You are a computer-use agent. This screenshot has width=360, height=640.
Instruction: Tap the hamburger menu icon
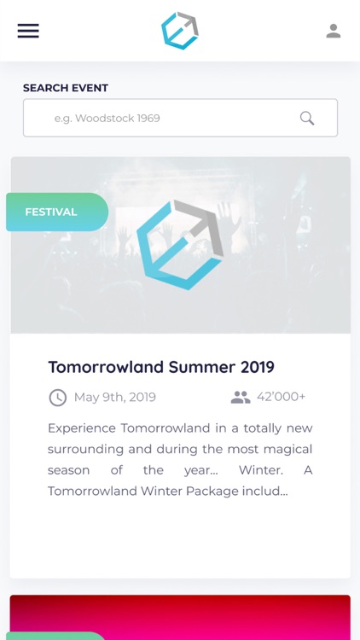[x=28, y=31]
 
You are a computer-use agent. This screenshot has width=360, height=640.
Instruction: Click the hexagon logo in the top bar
[x=180, y=31]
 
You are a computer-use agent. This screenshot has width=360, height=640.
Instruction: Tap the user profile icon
[x=334, y=31]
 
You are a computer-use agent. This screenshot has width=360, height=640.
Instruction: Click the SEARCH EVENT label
[x=66, y=88]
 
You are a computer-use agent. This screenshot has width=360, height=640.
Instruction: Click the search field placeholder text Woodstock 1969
[x=107, y=118]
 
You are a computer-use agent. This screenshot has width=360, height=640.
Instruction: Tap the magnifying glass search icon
[x=307, y=118]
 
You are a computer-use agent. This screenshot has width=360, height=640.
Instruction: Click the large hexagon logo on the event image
[x=180, y=245]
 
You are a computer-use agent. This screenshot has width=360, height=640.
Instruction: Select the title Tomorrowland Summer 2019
[x=161, y=367]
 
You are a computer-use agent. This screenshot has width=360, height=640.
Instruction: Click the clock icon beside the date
[x=57, y=398]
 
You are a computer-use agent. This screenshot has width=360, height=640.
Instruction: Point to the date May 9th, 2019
[x=114, y=397]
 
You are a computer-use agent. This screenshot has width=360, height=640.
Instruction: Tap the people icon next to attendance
[x=241, y=397]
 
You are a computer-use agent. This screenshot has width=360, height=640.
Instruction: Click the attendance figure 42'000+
[x=281, y=397]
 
